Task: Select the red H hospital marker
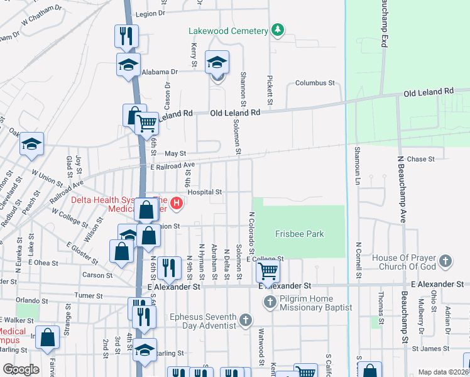pyautogui.click(x=177, y=202)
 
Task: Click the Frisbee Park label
pyautogui.click(x=299, y=234)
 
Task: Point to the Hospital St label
pyautogui.click(x=205, y=192)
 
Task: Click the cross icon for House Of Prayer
pyautogui.click(x=445, y=260)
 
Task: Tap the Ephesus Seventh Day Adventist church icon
pyautogui.click(x=245, y=320)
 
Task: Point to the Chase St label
pyautogui.click(x=421, y=159)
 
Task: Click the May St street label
pyautogui.click(x=175, y=153)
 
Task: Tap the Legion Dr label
pyautogui.click(x=150, y=13)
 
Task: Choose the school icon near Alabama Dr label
pyautogui.click(x=128, y=64)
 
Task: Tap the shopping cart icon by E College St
pyautogui.click(x=268, y=272)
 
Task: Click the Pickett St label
pyautogui.click(x=270, y=92)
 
